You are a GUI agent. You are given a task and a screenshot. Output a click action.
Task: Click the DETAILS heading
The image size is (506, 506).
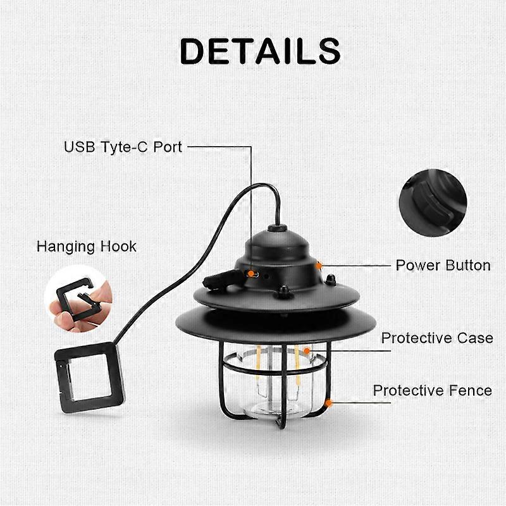pyautogui.click(x=260, y=51)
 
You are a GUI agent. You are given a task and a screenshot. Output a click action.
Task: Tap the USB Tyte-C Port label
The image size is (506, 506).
pyautogui.click(x=123, y=147)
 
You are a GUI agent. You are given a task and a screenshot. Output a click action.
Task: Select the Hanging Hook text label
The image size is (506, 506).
pyautogui.click(x=87, y=247)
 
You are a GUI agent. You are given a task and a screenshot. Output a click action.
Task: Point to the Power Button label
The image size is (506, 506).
pyautogui.click(x=443, y=265)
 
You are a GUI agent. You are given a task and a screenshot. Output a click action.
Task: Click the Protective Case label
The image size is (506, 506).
pyautogui.click(x=437, y=338)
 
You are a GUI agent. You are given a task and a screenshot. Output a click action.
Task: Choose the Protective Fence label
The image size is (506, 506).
pyautogui.click(x=433, y=390)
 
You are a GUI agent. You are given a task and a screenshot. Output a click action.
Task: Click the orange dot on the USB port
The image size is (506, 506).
pyautogui.click(x=250, y=274)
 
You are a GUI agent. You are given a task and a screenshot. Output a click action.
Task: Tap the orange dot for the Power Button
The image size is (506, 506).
pyautogui.click(x=319, y=266)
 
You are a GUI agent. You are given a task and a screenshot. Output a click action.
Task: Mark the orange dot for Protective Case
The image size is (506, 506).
pyautogui.click(x=307, y=350)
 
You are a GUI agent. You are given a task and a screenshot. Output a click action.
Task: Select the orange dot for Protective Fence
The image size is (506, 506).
pyautogui.click(x=329, y=403)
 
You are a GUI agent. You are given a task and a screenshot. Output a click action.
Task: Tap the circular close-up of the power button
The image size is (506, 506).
pyautogui.click(x=433, y=202)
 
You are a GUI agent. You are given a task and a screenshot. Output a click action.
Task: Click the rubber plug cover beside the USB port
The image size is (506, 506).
pyautogui.click(x=222, y=280)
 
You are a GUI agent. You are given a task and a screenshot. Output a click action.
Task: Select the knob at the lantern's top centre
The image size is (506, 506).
pyautogui.click(x=277, y=228)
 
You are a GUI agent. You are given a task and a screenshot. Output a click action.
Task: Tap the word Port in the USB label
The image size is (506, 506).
pyautogui.click(x=168, y=147)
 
